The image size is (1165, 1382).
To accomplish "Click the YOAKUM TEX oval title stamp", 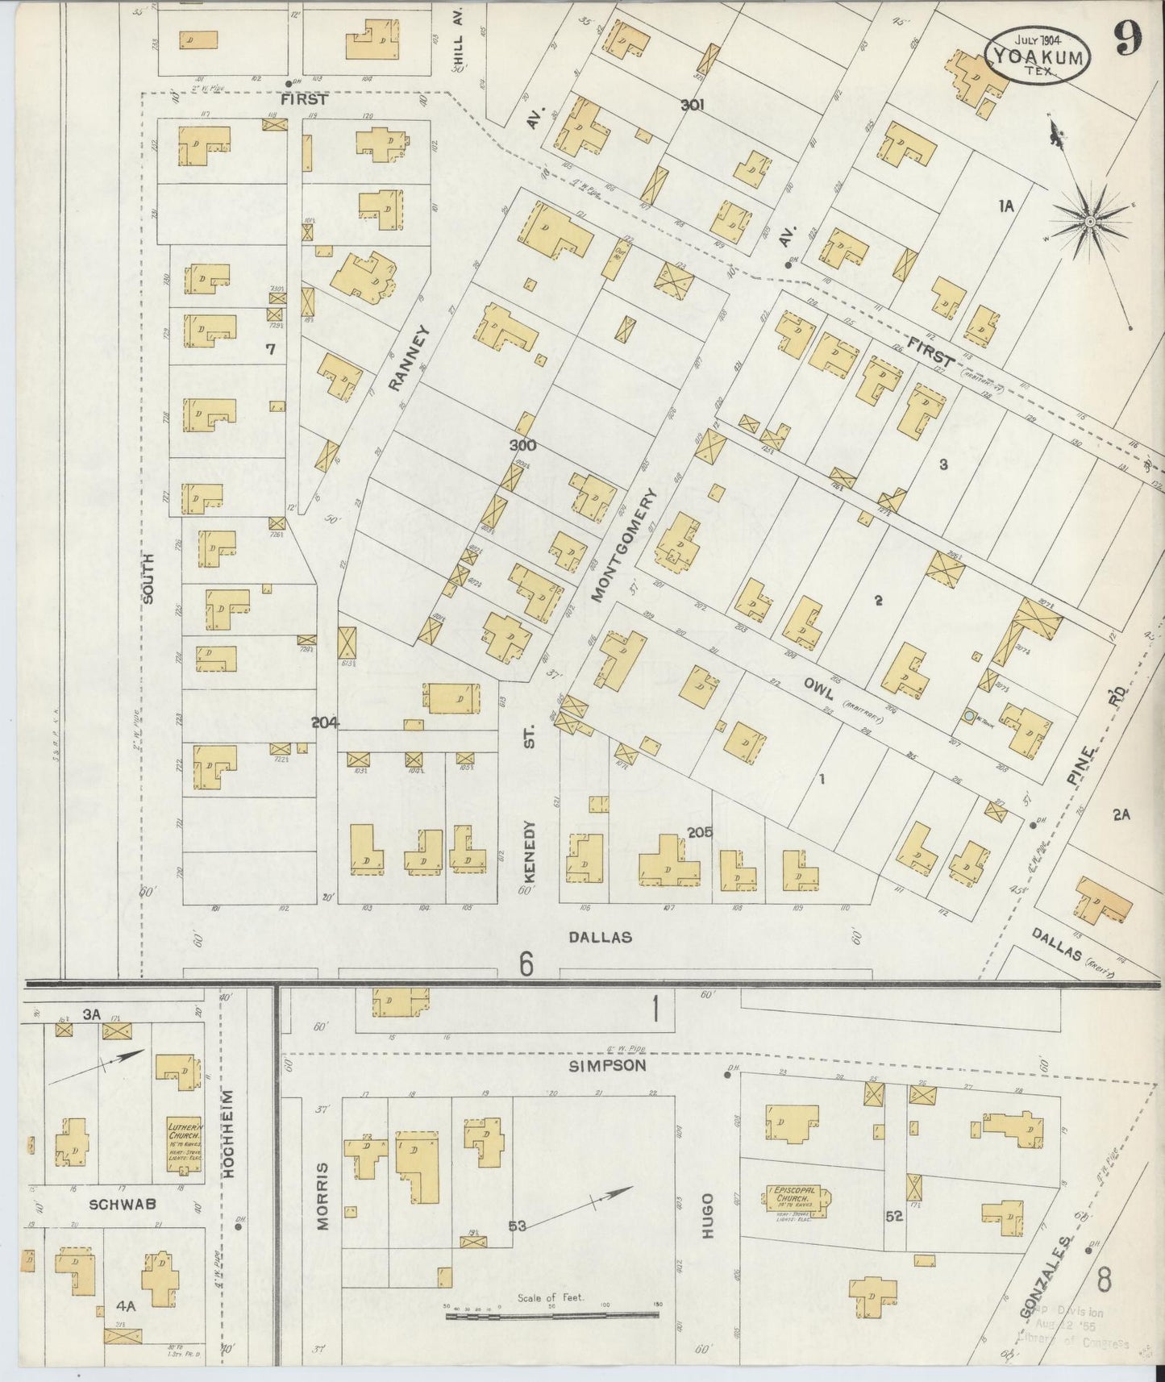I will coord(1037,55).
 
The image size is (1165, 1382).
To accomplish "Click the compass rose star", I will coord(1089,220).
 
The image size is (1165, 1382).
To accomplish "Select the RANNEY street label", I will coord(407,358).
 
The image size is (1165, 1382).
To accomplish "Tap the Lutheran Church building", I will coord(183,1140).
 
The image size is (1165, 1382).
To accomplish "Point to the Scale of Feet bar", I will coord(552,1314).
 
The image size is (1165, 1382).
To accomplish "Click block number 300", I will coord(522,445).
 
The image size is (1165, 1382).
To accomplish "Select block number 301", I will coord(692,104).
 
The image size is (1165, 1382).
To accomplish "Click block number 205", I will coord(699,832).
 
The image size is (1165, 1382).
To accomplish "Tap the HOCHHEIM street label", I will coord(228,1135).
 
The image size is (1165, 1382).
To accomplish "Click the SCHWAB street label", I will coord(122,1205).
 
